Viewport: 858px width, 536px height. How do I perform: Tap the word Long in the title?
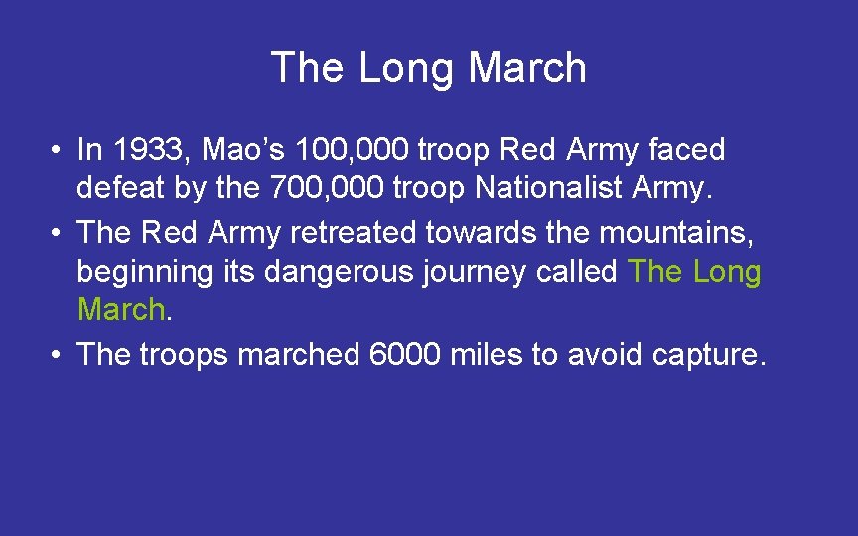pos(406,68)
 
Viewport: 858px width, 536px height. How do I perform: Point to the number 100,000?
pos(352,150)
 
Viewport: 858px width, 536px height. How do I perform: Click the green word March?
pos(120,310)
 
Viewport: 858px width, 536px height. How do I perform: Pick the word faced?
pos(686,150)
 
